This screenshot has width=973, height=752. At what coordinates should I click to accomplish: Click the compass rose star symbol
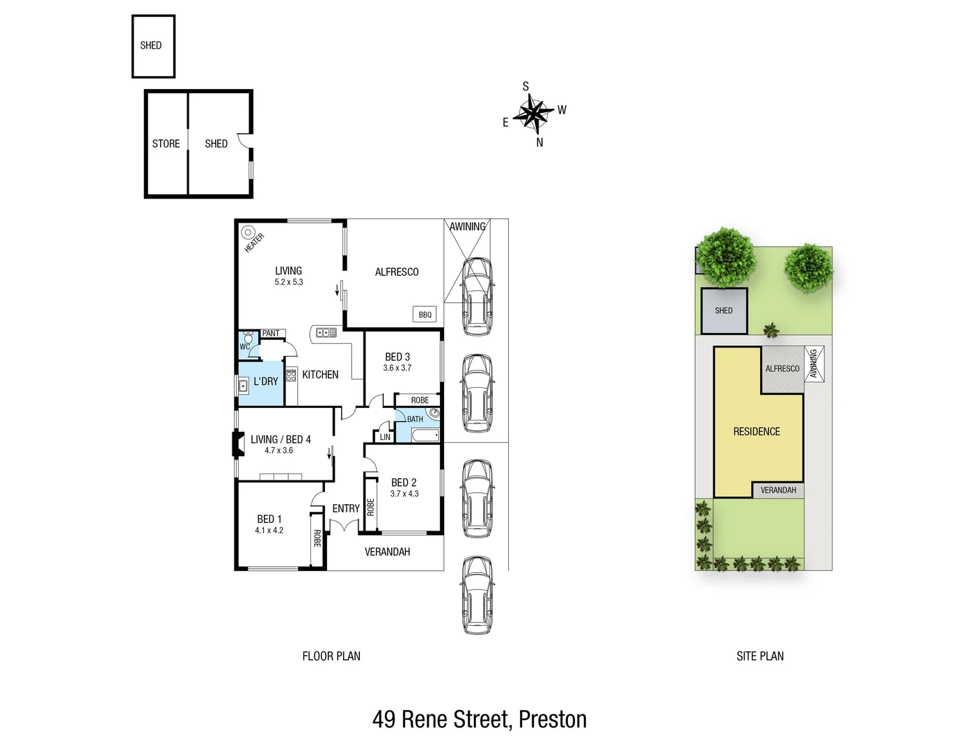pos(533,113)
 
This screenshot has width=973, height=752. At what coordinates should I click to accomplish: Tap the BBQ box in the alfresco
pos(425,315)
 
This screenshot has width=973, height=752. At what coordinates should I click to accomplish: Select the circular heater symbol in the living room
pos(247,233)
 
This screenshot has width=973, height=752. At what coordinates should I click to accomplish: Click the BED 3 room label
pos(397,357)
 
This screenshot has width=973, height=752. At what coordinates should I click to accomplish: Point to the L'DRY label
pos(265,382)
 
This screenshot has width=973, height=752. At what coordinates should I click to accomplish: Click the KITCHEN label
pos(320,375)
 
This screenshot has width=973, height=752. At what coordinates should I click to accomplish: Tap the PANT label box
pos(271,334)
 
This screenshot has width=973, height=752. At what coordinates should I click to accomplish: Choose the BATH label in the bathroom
pos(415,419)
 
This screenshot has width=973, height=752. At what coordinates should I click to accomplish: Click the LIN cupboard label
pos(385,437)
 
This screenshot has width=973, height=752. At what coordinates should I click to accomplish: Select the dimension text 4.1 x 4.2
pos(269,531)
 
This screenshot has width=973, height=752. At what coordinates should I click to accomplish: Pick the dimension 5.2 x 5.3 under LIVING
pos(288,282)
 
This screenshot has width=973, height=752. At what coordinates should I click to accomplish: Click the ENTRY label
pos(346,509)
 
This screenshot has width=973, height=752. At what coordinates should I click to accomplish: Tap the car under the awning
pos(477,296)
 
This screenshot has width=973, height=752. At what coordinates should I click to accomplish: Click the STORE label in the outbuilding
pos(166,143)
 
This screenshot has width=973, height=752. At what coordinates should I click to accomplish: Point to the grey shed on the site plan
pos(724,311)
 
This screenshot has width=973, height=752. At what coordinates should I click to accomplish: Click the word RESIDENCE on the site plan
pos(757,432)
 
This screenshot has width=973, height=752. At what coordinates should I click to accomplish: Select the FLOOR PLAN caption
pos(331,656)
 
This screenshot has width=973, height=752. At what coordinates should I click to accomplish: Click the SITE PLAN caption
pos(760,656)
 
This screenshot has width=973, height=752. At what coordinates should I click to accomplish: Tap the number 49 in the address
pos(384,719)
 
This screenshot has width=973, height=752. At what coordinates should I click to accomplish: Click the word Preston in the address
pos(553,719)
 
